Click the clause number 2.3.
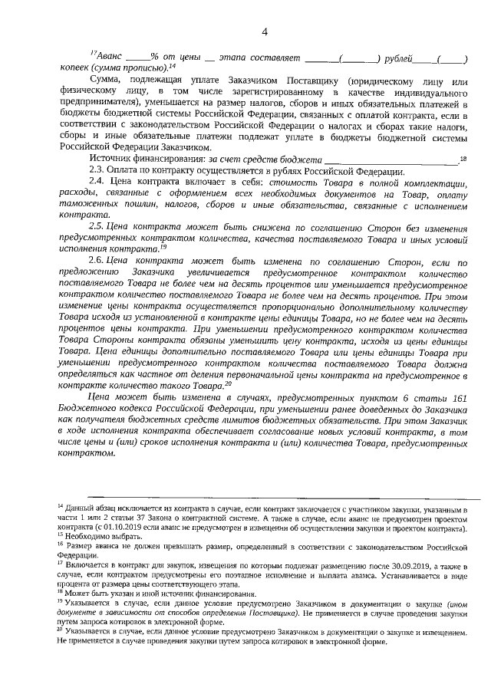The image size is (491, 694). (97, 169)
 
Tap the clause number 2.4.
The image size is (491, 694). (97, 181)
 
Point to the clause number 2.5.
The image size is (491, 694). (97, 228)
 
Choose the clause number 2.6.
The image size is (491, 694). (97, 261)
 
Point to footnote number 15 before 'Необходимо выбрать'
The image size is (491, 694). (61, 537)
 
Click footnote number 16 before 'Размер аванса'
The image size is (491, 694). (61, 546)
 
